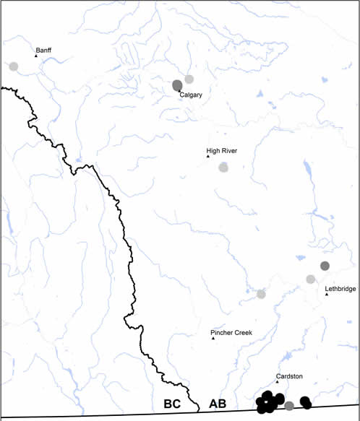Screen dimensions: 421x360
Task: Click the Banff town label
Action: [45, 51]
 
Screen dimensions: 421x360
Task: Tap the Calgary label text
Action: [191, 95]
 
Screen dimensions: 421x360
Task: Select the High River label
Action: [221, 151]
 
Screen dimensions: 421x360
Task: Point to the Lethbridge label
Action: [340, 289]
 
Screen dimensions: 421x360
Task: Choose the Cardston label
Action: [289, 376]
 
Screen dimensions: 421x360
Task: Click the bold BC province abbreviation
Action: [172, 404]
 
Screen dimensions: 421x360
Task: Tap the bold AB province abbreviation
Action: [218, 404]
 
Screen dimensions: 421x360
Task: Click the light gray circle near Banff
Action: [14, 66]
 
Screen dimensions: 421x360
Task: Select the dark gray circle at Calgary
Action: [177, 85]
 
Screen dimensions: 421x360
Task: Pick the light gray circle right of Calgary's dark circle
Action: [189, 79]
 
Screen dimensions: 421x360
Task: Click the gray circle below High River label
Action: [224, 168]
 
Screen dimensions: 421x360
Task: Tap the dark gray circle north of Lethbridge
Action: [325, 266]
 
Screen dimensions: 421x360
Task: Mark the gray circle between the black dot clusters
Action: [289, 406]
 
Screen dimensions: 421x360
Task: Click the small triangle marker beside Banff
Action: [36, 56]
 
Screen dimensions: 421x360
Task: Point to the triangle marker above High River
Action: [207, 157]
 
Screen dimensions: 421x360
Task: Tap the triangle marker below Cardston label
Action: [277, 382]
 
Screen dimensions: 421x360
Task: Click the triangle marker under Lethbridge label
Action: [327, 294]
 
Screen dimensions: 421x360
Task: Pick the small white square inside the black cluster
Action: [267, 399]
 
